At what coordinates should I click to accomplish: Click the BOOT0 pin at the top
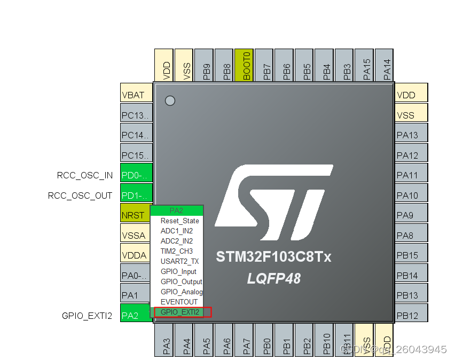click(x=244, y=65)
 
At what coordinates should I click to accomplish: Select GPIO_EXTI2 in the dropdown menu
click(x=180, y=312)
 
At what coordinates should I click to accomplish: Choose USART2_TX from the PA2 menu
click(x=179, y=261)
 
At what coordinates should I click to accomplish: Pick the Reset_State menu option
click(x=179, y=221)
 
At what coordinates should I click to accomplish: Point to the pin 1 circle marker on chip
click(x=170, y=100)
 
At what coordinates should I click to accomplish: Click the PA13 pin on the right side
click(x=411, y=135)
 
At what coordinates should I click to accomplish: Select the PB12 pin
click(x=411, y=316)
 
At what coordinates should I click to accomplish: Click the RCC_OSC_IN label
click(x=85, y=175)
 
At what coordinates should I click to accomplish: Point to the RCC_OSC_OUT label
click(x=80, y=195)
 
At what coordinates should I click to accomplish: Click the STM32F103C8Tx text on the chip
click(x=273, y=257)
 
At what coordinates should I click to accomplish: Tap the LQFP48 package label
click(x=273, y=278)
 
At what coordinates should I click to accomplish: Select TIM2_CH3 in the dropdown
click(x=177, y=251)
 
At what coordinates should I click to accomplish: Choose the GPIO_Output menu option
click(x=181, y=281)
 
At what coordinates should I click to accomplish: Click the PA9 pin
click(x=411, y=215)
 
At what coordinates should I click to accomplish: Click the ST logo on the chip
click(x=273, y=202)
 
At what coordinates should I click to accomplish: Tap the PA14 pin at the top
click(x=385, y=65)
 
